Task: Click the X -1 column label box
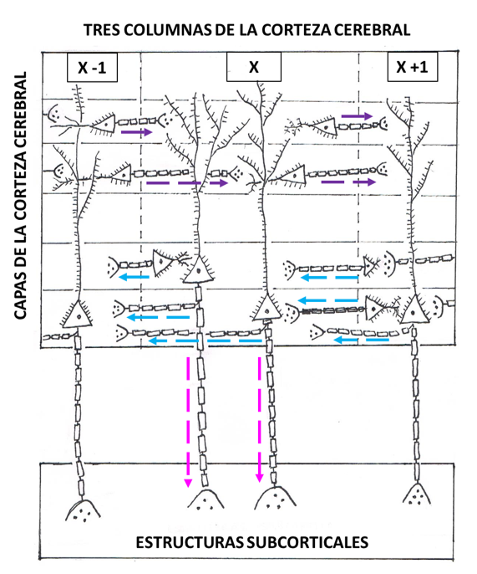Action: click(x=92, y=67)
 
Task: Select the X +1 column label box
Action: click(x=413, y=67)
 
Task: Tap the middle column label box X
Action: click(x=254, y=67)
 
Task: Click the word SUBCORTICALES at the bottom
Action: click(x=307, y=542)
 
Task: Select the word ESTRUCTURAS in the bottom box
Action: click(x=190, y=542)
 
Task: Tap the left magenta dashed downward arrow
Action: click(x=188, y=422)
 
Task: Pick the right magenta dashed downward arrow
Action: click(x=260, y=420)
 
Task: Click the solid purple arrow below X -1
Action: click(x=136, y=132)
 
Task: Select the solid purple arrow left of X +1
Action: click(x=357, y=116)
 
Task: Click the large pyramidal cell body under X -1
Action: click(x=78, y=314)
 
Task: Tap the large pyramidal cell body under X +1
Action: click(x=414, y=310)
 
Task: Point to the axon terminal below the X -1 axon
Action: click(x=83, y=510)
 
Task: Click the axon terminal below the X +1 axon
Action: click(x=416, y=495)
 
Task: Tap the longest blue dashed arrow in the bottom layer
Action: click(x=205, y=341)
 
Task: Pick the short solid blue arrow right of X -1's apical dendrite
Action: click(x=134, y=277)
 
